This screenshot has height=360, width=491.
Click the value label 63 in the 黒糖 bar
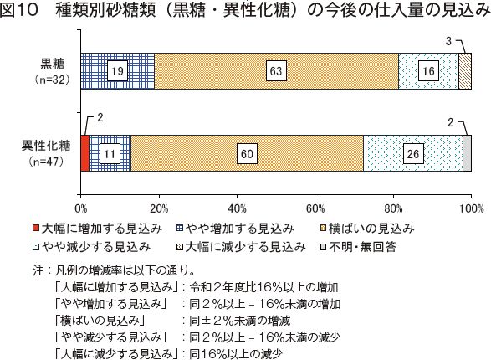(276, 71)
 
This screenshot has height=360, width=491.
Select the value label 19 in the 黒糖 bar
(117, 71)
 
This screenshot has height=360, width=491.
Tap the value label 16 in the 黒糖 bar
(428, 71)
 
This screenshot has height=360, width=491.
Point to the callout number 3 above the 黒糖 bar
(448, 41)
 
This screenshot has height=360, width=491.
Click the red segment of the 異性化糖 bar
(84, 153)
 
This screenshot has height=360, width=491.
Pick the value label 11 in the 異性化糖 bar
(110, 153)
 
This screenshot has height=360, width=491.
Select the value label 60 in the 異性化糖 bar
(247, 153)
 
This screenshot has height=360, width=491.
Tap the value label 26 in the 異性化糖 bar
(413, 153)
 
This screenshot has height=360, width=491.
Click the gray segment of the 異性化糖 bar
(468, 153)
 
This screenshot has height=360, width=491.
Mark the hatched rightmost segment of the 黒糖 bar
(465, 71)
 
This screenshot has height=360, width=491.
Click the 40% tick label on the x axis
(237, 208)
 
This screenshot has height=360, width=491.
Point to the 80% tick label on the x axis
(393, 208)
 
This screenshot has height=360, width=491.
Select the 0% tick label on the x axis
(81, 208)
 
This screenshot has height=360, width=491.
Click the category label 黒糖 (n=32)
(52, 71)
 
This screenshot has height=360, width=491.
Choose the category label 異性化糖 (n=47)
(46, 153)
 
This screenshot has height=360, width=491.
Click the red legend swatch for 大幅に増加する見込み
(36, 228)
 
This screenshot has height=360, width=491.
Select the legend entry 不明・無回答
(359, 247)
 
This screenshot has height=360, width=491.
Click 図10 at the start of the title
(18, 10)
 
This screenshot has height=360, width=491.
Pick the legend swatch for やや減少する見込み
(36, 247)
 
